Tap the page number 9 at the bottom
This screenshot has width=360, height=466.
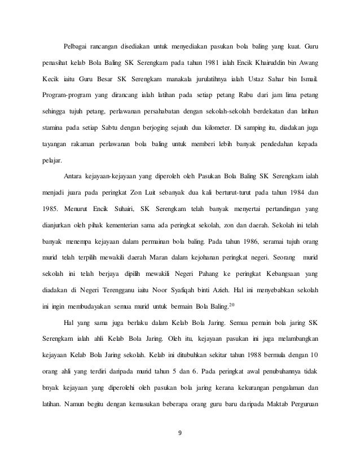coord(180,435)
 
